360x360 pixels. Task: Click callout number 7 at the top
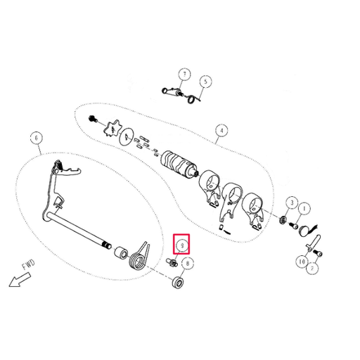pyautogui.click(x=184, y=75)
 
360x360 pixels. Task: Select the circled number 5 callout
pyautogui.click(x=205, y=82)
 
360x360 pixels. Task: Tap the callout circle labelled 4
pyautogui.click(x=221, y=130)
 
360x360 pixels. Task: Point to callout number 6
pyautogui.click(x=37, y=138)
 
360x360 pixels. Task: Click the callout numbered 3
pyautogui.click(x=292, y=202)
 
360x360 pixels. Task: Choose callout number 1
pyautogui.click(x=304, y=208)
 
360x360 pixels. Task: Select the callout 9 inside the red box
pyautogui.click(x=182, y=245)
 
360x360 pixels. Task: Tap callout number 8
pyautogui.click(x=187, y=264)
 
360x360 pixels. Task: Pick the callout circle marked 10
pyautogui.click(x=302, y=262)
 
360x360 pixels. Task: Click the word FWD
pyautogui.click(x=29, y=264)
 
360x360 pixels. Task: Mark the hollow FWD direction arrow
pyautogui.click(x=20, y=280)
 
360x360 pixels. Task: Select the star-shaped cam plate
pyautogui.click(x=113, y=129)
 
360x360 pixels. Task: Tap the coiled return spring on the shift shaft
pyautogui.click(x=140, y=257)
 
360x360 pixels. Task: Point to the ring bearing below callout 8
pyautogui.click(x=177, y=282)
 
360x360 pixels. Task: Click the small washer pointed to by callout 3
pyautogui.click(x=283, y=220)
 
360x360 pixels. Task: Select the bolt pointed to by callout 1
pyautogui.click(x=294, y=226)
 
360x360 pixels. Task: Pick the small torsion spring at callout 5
pyautogui.click(x=193, y=99)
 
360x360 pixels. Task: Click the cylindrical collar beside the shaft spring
pyautogui.click(x=121, y=253)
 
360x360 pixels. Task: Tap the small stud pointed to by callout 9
pyautogui.click(x=172, y=262)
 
